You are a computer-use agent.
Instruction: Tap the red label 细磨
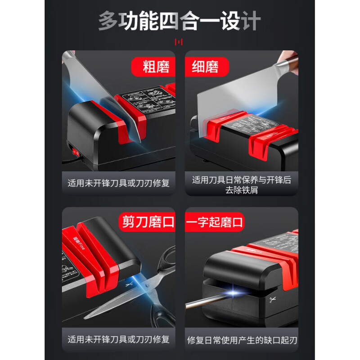point(206,67)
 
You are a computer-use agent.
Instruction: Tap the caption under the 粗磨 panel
point(118,184)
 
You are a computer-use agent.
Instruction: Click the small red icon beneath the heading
point(180,42)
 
